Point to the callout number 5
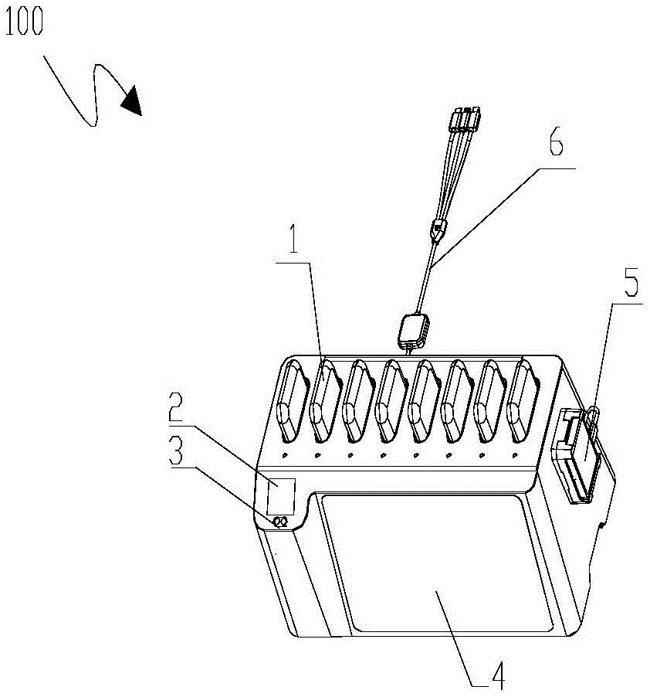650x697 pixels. point(630,286)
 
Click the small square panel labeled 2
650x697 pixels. point(280,496)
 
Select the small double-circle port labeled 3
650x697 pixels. point(280,523)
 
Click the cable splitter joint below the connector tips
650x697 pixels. point(438,229)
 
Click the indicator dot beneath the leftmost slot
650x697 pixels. point(285,456)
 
